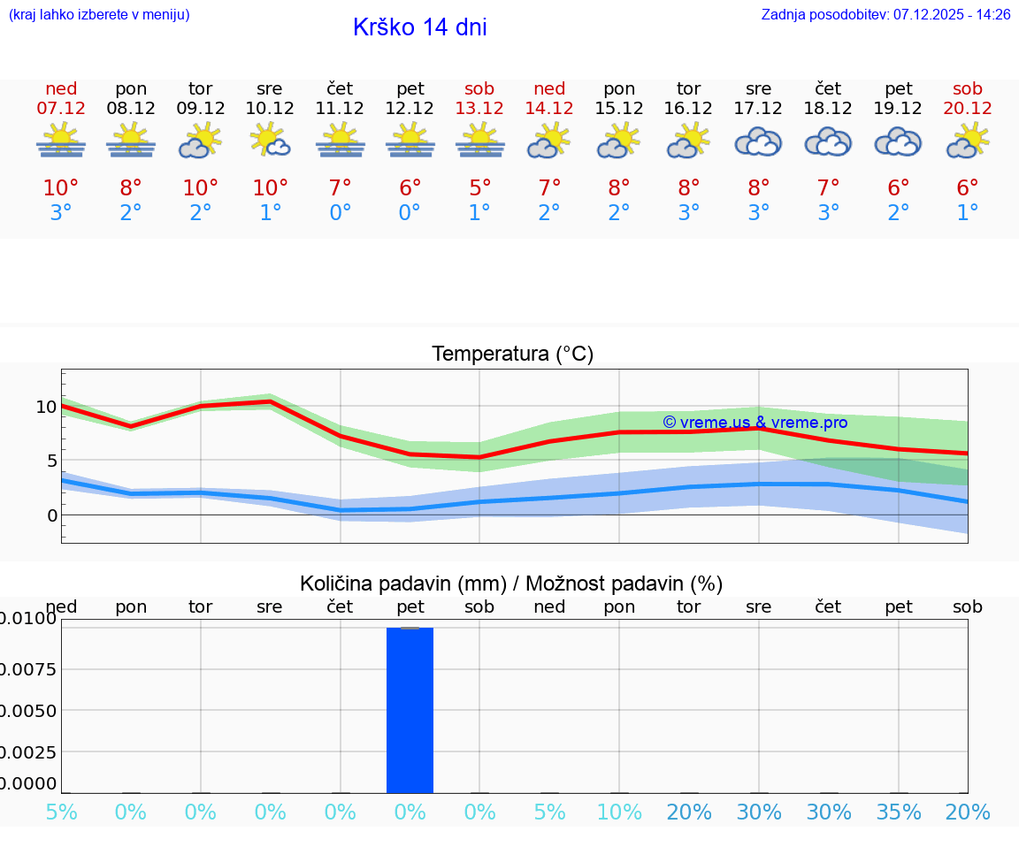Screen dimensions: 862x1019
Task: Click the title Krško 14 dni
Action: (x=419, y=27)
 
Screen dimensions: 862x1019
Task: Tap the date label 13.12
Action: (x=479, y=108)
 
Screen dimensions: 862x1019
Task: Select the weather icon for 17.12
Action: (x=758, y=142)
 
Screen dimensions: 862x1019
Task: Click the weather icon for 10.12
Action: (x=270, y=141)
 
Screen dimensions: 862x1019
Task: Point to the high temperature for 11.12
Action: (x=340, y=188)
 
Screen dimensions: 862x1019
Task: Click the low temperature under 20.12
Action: (x=968, y=213)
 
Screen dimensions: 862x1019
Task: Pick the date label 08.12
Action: (x=131, y=108)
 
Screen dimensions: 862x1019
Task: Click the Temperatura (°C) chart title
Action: (x=512, y=355)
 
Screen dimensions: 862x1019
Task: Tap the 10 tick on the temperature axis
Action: (x=46, y=407)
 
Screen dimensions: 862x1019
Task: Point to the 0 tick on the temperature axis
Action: (x=52, y=515)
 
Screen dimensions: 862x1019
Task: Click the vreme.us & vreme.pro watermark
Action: (x=755, y=423)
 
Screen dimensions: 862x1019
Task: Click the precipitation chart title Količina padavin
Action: (x=511, y=584)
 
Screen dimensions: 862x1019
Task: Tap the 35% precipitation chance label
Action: (x=899, y=812)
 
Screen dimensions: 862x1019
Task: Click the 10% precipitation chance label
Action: (x=619, y=812)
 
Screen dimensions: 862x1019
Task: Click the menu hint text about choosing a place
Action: (x=99, y=15)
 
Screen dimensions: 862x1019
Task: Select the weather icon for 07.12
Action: (x=61, y=141)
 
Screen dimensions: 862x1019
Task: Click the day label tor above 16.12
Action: (x=688, y=88)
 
